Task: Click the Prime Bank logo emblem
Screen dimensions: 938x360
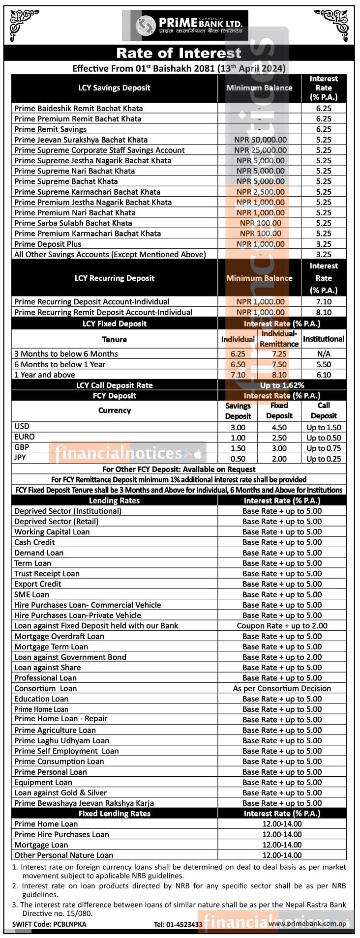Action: click(145, 26)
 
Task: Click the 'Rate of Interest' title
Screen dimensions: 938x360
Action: click(179, 53)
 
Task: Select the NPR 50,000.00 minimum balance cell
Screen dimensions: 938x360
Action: click(260, 140)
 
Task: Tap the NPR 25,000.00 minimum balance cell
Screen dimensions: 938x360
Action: click(260, 150)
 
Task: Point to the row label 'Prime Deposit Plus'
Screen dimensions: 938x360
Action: click(48, 244)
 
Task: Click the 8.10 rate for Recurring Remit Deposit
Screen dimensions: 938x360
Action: click(324, 312)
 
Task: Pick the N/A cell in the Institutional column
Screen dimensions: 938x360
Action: click(324, 354)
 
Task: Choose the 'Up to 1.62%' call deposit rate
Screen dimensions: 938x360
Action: click(282, 385)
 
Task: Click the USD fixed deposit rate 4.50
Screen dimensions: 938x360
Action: click(279, 427)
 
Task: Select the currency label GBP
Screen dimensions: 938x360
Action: click(22, 447)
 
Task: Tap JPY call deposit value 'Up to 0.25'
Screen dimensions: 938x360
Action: click(324, 459)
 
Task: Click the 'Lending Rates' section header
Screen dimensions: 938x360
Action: click(114, 500)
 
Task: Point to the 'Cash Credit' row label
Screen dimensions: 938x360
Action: click(34, 542)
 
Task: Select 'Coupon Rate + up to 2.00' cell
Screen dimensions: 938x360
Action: click(282, 626)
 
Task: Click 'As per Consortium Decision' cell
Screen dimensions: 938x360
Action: click(282, 688)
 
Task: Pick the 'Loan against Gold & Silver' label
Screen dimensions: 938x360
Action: click(60, 792)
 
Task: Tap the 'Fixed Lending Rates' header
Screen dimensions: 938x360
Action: click(114, 814)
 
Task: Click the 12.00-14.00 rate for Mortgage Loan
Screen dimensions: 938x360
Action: click(282, 845)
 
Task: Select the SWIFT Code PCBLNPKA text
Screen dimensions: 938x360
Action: click(49, 924)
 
